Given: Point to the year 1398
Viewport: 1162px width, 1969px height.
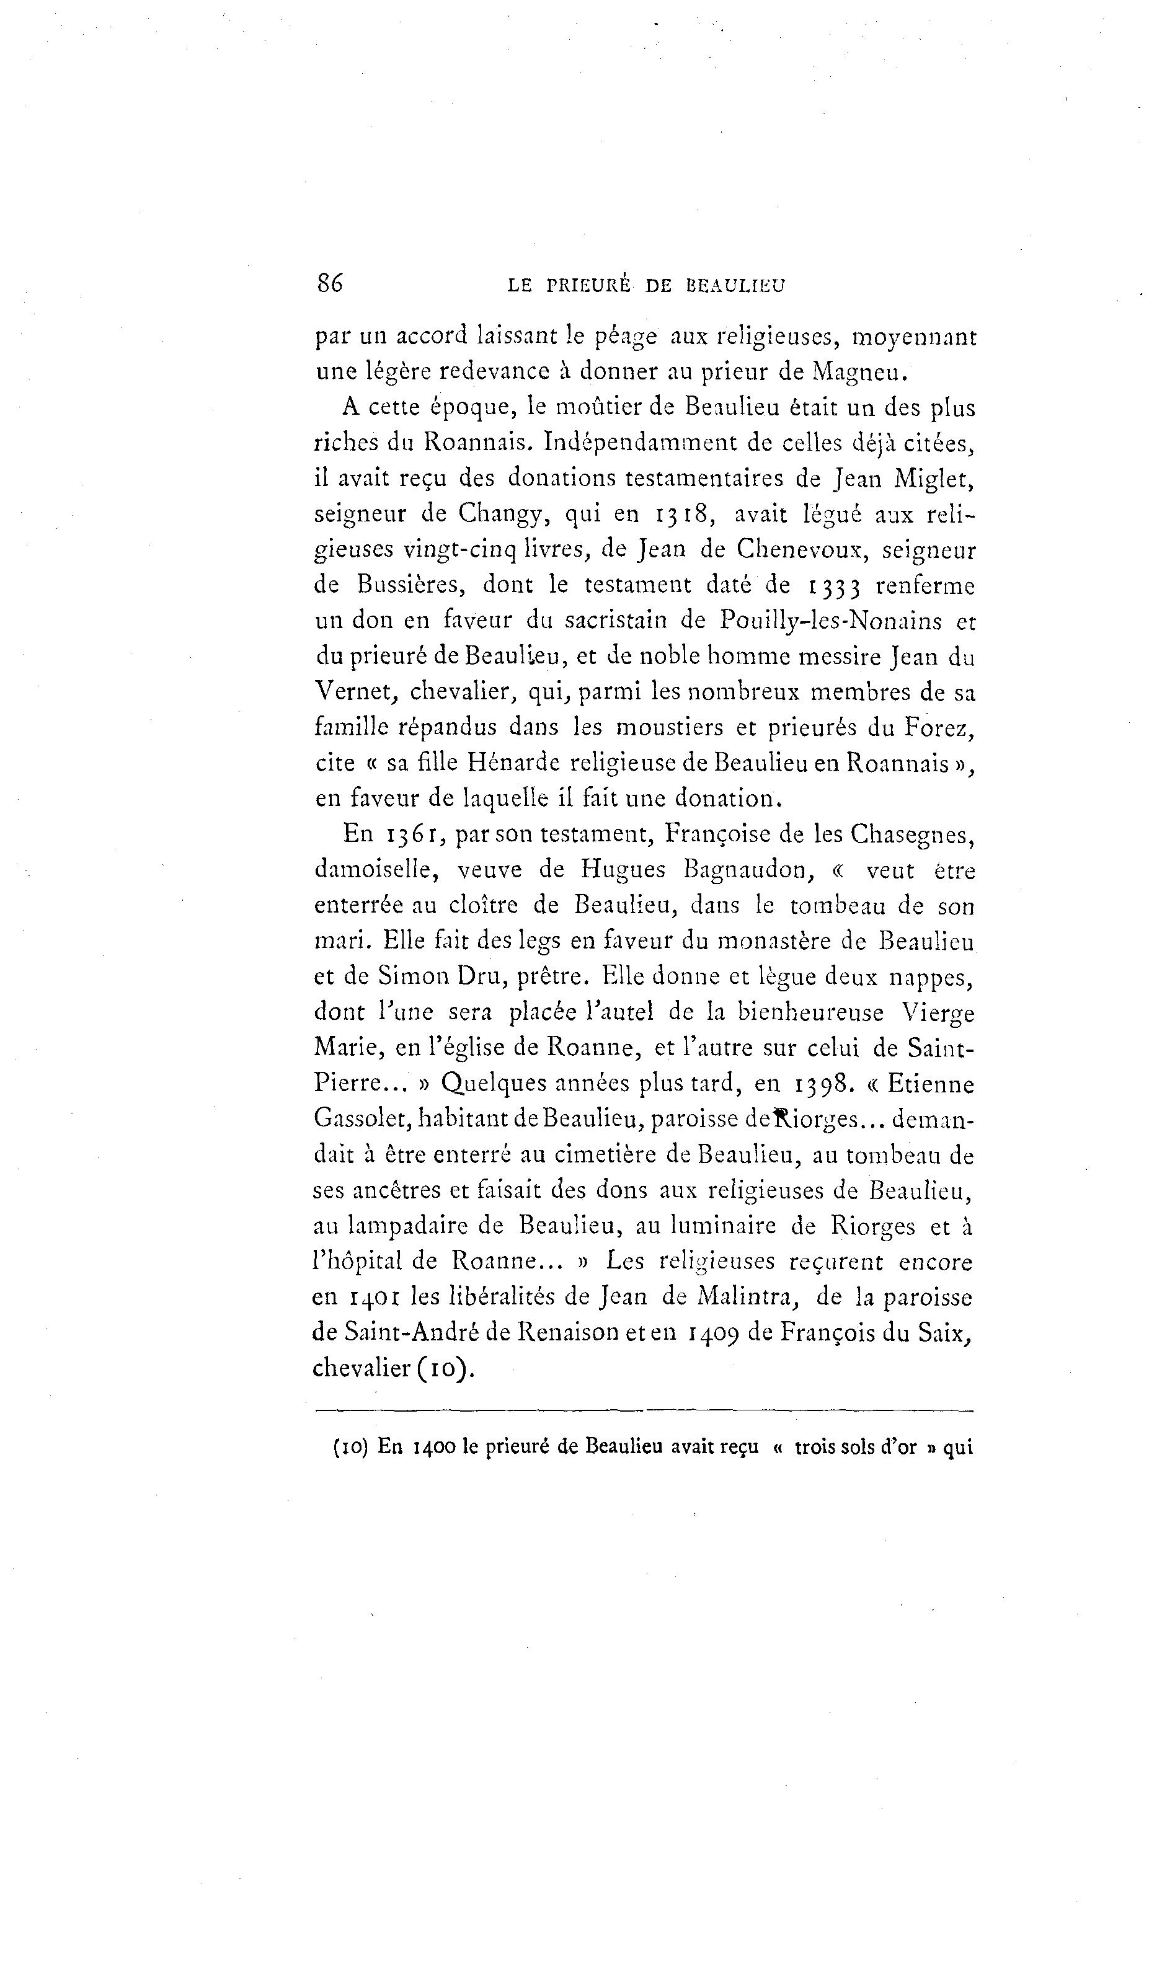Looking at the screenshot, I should (822, 1084).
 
